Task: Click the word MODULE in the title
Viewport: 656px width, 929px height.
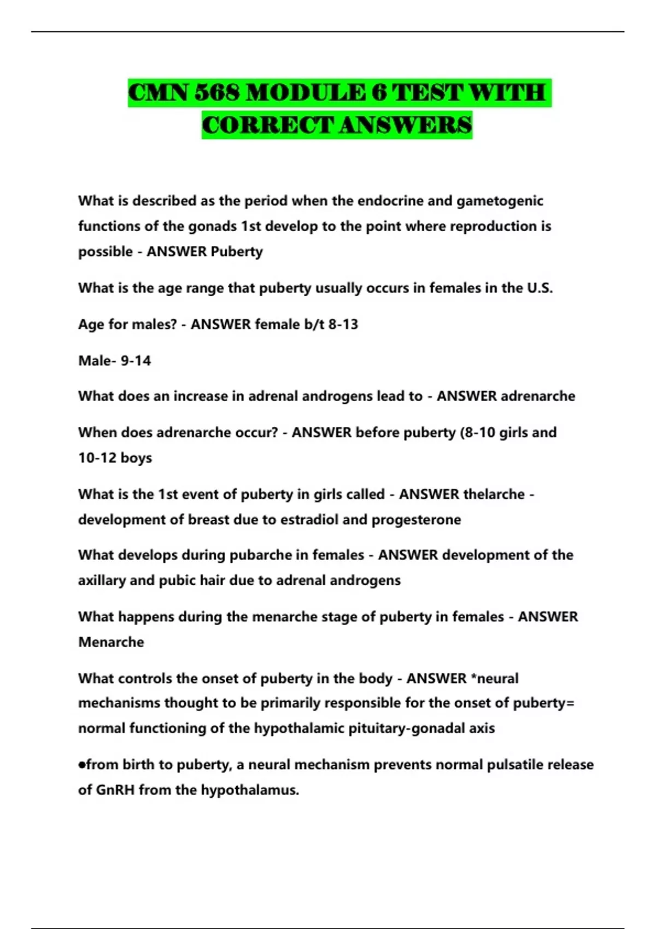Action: coord(306,93)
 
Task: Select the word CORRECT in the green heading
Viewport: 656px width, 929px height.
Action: coord(268,125)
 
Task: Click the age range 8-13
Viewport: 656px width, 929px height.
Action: coord(343,324)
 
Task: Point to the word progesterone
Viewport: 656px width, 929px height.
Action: coord(416,520)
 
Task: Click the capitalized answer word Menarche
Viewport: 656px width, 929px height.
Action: coord(111,642)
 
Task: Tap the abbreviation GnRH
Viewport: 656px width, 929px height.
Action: coord(115,790)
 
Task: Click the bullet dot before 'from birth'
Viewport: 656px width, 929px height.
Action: coord(82,765)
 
